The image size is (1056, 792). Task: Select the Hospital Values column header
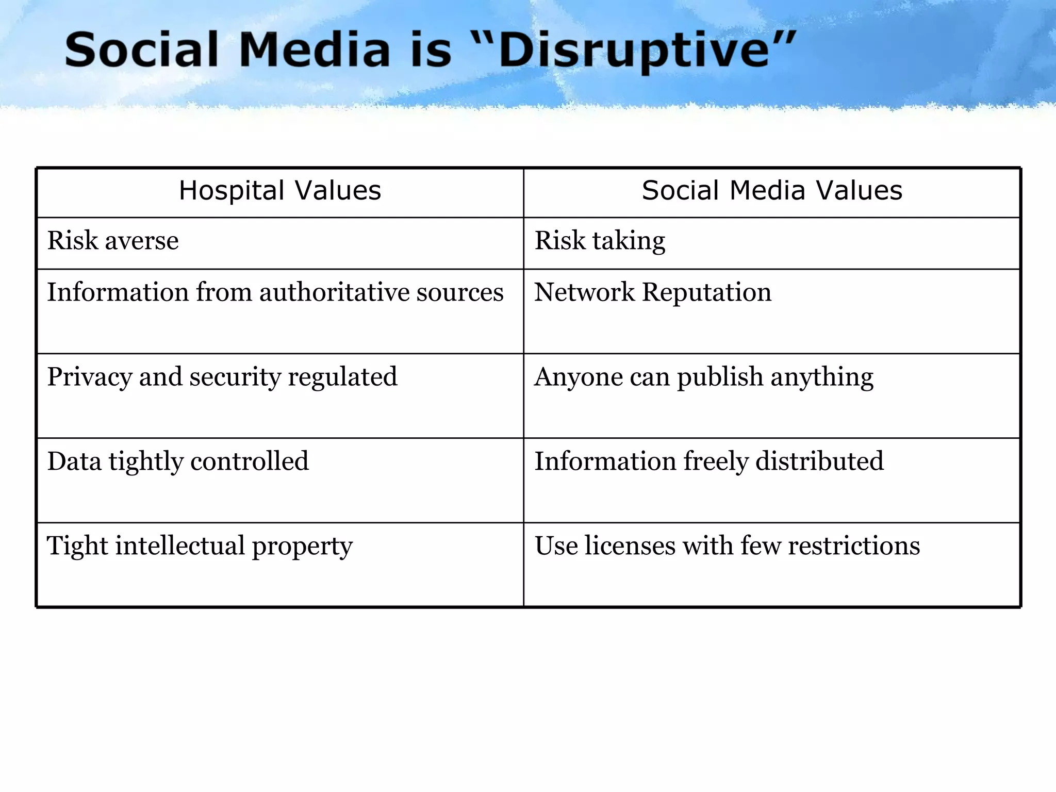tap(280, 191)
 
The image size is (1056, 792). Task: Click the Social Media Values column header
tap(772, 191)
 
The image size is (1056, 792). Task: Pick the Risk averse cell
tap(113, 241)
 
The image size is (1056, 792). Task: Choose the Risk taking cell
tap(600, 241)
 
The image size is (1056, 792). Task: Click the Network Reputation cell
tap(653, 292)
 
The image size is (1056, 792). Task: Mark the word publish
tap(720, 377)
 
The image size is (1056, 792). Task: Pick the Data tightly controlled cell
tap(178, 461)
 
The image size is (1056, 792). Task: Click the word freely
tap(715, 461)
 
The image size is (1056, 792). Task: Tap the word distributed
tap(819, 461)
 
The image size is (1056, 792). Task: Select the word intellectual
tap(180, 546)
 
